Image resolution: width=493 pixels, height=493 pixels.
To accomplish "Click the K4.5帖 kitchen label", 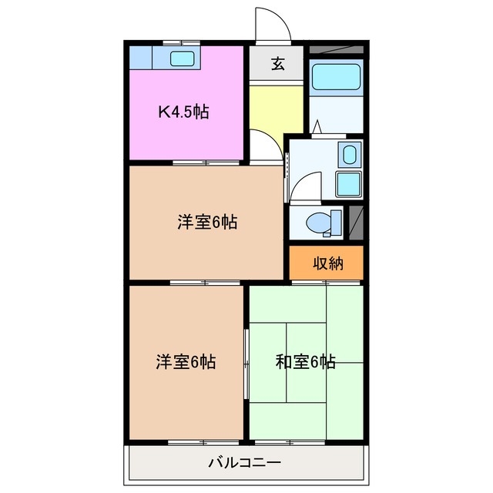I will pos(183,112).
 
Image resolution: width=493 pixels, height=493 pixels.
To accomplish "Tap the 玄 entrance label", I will pos(277,64).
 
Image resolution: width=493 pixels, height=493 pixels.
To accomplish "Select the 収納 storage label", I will pos(327,263).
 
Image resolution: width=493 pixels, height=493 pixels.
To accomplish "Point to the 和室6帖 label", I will pos(305,361).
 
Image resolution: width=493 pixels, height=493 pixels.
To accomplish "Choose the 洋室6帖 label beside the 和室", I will pos(186,361).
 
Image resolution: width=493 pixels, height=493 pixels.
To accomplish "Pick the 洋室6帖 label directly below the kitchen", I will pos(206,223).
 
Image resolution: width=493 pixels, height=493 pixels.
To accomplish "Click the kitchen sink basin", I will pos(183,59).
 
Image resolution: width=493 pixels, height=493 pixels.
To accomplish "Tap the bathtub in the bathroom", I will pos(335,77).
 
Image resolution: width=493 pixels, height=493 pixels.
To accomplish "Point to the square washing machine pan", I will pos(349,183).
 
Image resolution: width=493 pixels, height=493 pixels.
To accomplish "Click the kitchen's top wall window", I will pos(185,42).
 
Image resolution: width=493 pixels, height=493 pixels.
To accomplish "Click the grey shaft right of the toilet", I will pos(355,221).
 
